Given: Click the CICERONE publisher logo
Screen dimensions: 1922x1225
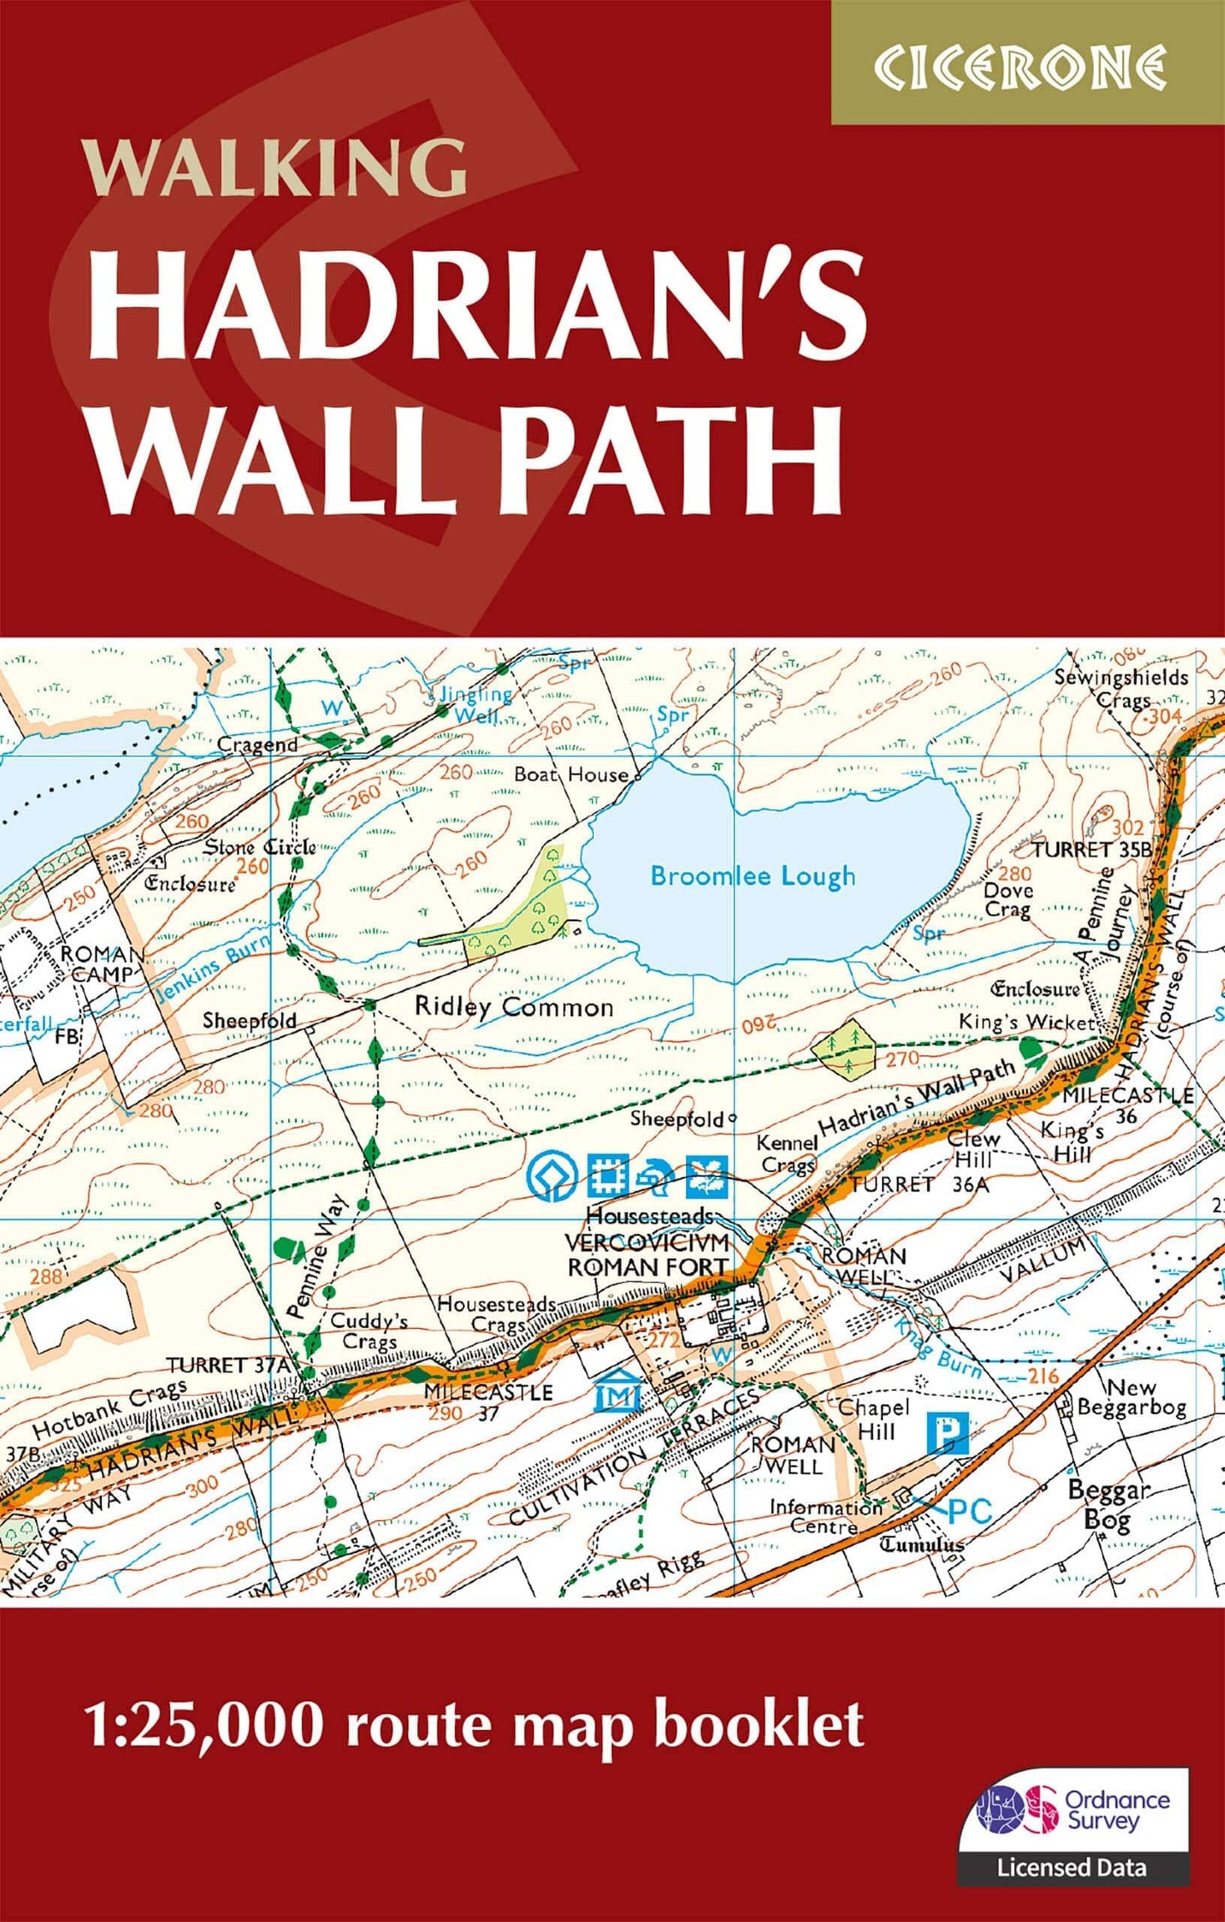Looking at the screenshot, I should click(x=1020, y=67).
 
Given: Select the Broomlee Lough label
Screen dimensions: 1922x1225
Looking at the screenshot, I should click(x=752, y=876).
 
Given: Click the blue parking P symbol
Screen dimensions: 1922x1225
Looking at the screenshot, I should click(x=947, y=1434).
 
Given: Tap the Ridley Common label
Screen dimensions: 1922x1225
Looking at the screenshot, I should click(x=514, y=1006).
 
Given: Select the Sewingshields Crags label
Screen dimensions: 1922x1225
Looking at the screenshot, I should click(x=1121, y=688).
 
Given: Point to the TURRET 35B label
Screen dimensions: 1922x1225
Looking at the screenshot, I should click(x=1091, y=850).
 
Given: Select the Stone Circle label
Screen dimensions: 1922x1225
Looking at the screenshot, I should click(x=260, y=846).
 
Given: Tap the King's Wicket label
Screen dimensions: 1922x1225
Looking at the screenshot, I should click(x=1026, y=1022).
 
